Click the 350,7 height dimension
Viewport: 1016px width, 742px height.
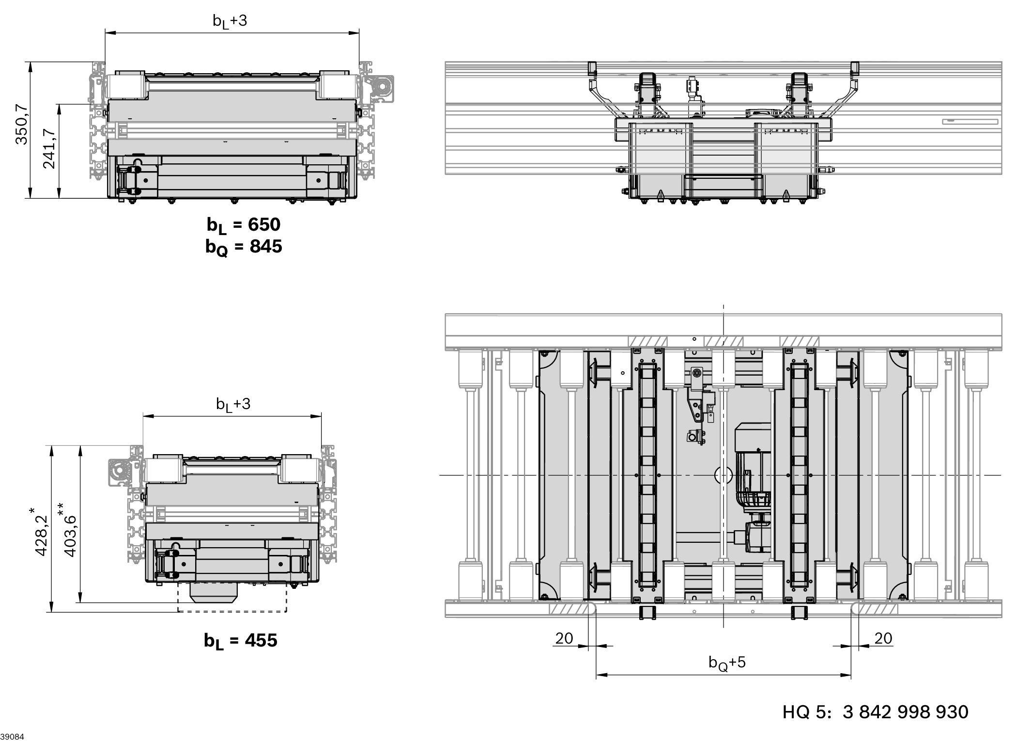21,125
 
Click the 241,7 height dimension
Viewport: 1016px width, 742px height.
49,148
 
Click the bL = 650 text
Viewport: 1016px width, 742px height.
244,224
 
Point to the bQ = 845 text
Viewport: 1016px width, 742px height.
244,247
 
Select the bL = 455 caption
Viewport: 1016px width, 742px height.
241,640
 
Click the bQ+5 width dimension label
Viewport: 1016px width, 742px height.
727,662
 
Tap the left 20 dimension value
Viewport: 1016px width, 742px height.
564,638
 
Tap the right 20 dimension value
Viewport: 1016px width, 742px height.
883,638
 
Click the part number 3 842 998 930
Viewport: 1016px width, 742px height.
906,712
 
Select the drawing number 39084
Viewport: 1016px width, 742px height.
12,737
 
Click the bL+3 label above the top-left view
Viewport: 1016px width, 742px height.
230,20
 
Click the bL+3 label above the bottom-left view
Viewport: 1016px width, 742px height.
233,404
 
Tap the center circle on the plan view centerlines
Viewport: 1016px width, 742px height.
724,475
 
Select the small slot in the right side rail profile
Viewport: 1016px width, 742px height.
970,122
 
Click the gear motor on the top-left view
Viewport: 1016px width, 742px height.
383,89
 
